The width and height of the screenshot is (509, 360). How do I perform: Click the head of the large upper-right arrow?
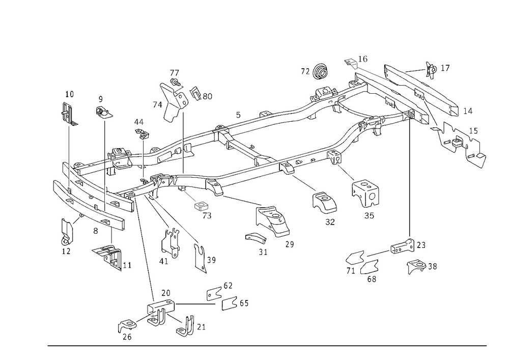[348, 62]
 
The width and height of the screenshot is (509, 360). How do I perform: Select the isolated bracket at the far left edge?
[70, 115]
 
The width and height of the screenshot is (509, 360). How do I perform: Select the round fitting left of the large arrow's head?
[321, 73]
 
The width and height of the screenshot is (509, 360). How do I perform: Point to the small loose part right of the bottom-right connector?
[420, 265]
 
